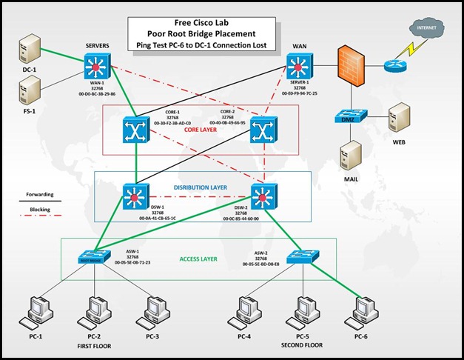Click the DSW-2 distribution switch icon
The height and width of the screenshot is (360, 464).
pos(263,198)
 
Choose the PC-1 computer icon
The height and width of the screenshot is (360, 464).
pos(35,312)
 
